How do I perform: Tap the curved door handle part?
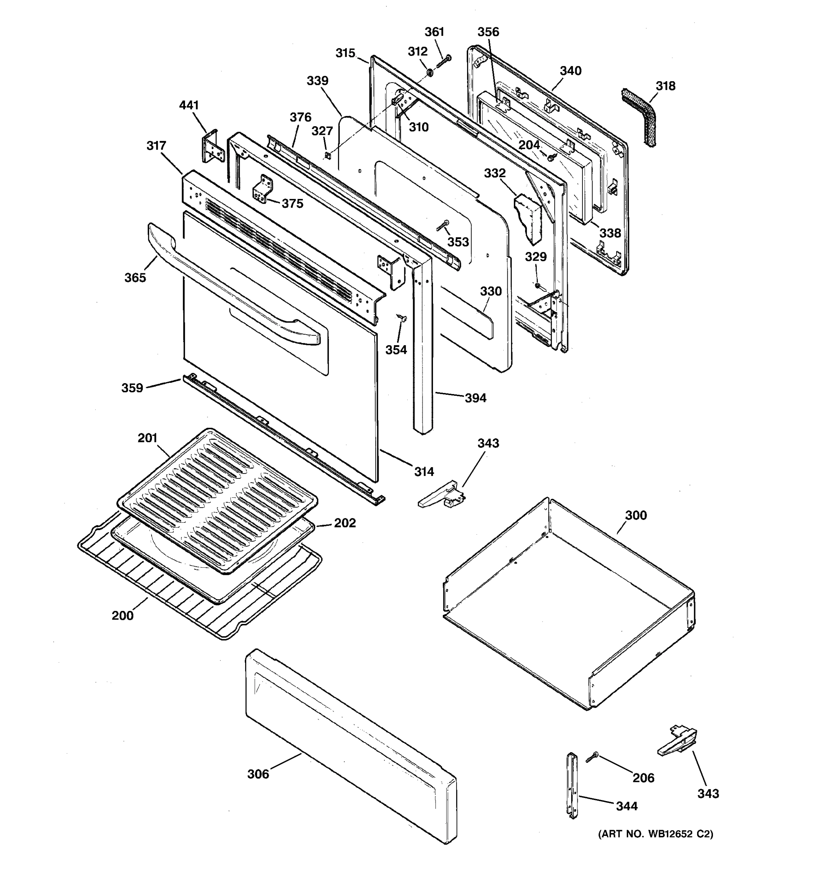(228, 285)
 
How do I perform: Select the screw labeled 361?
(443, 61)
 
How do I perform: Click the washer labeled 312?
(429, 71)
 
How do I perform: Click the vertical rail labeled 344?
(572, 786)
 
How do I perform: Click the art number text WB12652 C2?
(655, 834)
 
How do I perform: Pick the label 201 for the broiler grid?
(147, 438)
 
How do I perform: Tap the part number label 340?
(570, 71)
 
